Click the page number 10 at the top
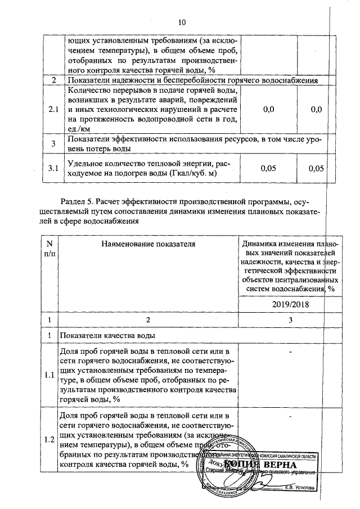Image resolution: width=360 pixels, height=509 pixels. (x=181, y=23)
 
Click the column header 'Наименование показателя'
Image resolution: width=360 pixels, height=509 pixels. (x=148, y=244)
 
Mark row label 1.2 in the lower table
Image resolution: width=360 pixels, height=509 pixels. (x=49, y=439)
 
